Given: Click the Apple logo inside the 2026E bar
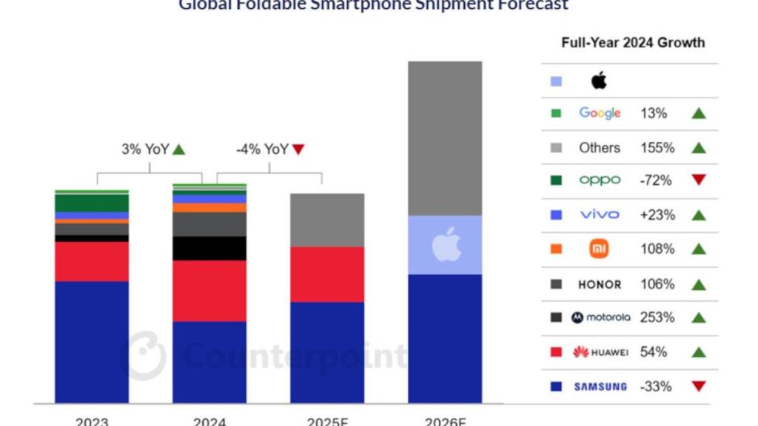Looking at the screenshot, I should [x=446, y=245].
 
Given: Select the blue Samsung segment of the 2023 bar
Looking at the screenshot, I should [x=92, y=341].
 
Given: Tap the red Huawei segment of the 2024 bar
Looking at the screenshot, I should [x=209, y=291].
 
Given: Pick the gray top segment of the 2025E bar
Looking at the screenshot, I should [x=327, y=220].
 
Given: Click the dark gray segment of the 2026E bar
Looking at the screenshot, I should [x=445, y=138].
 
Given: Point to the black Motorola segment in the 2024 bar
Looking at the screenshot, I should [x=209, y=248].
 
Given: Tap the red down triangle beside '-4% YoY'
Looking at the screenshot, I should [x=298, y=149].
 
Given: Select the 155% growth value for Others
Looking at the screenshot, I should [x=657, y=148].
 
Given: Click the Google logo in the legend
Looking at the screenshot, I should [x=600, y=113].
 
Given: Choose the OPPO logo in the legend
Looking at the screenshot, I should [x=600, y=180].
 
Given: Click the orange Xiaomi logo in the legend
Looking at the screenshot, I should [x=600, y=249].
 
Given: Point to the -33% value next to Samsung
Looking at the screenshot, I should [x=657, y=386].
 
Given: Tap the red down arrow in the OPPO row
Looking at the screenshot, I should [x=698, y=180].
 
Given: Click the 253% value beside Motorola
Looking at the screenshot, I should [x=657, y=317].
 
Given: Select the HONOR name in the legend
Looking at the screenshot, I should [x=600, y=284].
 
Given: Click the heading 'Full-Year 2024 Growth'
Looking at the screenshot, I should [x=633, y=43].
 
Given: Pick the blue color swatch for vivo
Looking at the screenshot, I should [x=557, y=215].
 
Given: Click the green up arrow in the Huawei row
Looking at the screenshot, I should [x=698, y=352].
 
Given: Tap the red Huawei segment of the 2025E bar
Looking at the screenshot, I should [x=327, y=274].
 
